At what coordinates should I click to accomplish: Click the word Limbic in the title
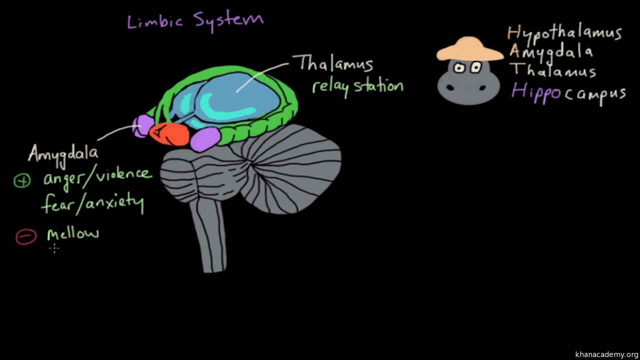pyautogui.click(x=155, y=21)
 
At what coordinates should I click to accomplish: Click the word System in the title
pyautogui.click(x=228, y=21)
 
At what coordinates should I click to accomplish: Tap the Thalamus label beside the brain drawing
pyautogui.click(x=333, y=63)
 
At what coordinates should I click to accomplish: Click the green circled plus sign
pyautogui.click(x=22, y=180)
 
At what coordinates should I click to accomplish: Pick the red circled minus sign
pyautogui.click(x=26, y=237)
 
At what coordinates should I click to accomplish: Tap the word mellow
pyautogui.click(x=73, y=233)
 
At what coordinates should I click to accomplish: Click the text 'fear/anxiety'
pyautogui.click(x=92, y=203)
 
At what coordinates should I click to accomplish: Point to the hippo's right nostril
pyautogui.click(x=482, y=88)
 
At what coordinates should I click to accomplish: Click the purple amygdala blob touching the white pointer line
pyautogui.click(x=143, y=126)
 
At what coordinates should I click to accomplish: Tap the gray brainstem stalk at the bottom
pyautogui.click(x=208, y=235)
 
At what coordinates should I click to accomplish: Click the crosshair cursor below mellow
pyautogui.click(x=54, y=248)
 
